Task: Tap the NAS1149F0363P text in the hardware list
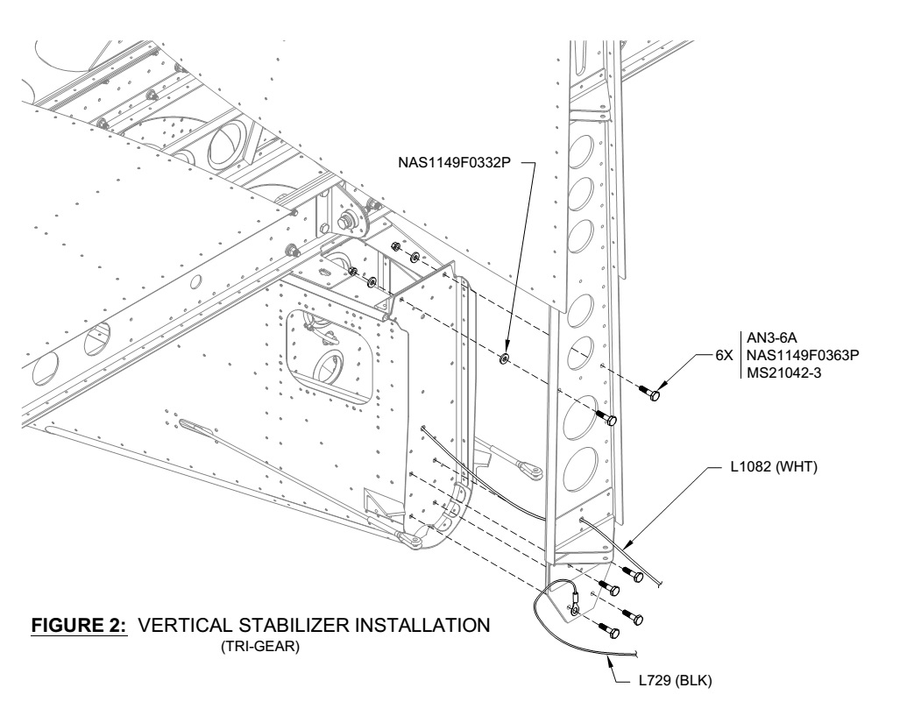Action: [x=801, y=358]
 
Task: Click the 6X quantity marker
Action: [x=724, y=358]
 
